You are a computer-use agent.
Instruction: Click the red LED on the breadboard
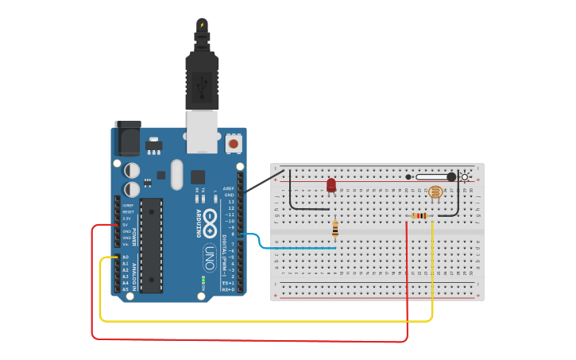(x=331, y=184)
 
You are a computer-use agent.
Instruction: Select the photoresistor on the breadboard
(x=435, y=192)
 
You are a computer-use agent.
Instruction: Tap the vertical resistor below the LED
(x=335, y=229)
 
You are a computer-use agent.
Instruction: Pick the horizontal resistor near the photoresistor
(x=419, y=215)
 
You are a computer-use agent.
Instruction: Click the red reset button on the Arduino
(x=234, y=143)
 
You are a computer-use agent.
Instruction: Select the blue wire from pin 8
(x=294, y=248)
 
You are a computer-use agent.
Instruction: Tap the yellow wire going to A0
(x=262, y=321)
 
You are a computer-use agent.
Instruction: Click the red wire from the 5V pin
(x=238, y=339)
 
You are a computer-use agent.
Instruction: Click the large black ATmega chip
(x=152, y=245)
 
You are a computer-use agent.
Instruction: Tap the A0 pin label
(x=126, y=257)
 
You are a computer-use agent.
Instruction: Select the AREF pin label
(x=229, y=188)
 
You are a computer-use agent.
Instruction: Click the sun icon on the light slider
(x=466, y=176)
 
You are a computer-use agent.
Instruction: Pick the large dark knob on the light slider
(x=451, y=176)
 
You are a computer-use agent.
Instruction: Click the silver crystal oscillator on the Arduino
(x=176, y=175)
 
